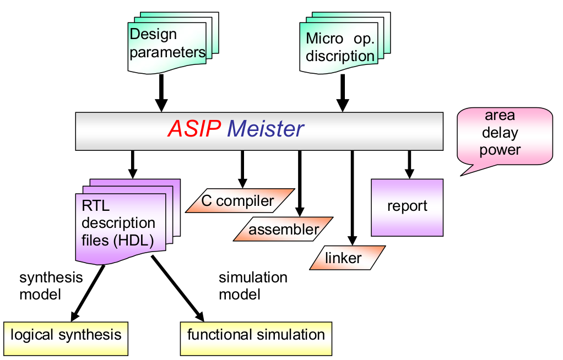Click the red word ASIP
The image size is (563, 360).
194,128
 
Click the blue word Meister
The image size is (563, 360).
266,128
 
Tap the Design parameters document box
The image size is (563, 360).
173,43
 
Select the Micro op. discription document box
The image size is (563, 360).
345,43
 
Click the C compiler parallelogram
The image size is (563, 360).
240,200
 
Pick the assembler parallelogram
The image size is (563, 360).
283,229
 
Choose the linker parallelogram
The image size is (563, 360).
347,258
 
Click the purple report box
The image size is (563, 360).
407,208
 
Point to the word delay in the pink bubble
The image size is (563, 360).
500,133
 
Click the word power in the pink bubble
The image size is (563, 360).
500,150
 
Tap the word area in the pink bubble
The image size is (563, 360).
500,116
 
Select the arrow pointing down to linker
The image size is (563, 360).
352,198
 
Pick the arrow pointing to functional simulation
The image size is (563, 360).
178,288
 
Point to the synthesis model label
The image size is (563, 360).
51,286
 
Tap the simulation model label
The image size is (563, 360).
253,286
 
